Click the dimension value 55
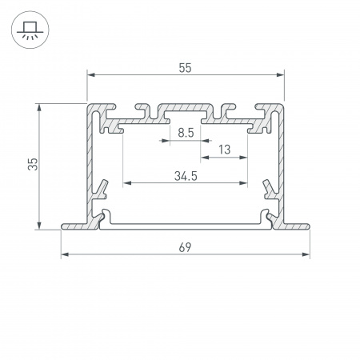(185, 69)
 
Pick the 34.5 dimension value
(185, 175)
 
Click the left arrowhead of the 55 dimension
(90, 75)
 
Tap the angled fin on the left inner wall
(102, 189)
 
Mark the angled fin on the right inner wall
(269, 189)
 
